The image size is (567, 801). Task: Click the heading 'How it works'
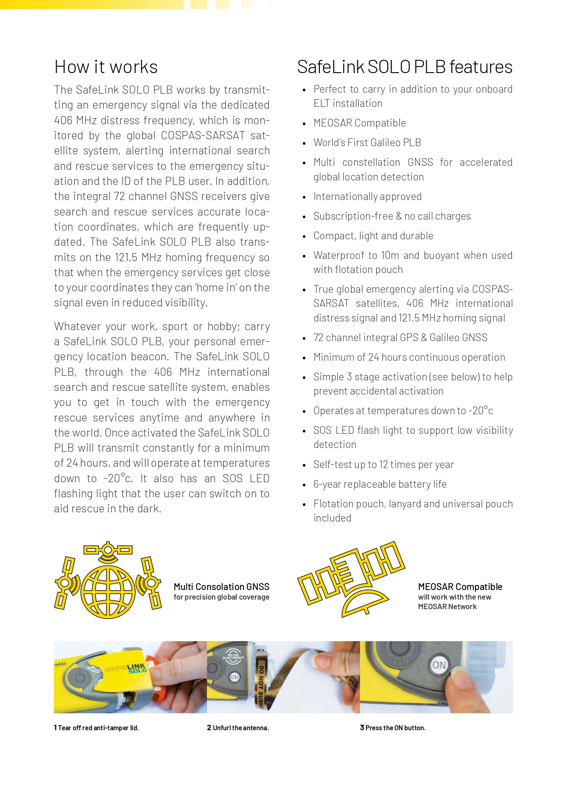coord(106,67)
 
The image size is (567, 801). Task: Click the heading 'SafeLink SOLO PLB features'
coord(404,67)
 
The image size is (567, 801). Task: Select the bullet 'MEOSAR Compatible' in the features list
coord(360,123)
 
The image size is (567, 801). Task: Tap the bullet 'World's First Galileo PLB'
coord(367,142)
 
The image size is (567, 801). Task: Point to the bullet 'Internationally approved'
coord(367,196)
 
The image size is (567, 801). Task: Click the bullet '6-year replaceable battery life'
coord(380,484)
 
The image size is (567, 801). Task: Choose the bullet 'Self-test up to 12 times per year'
coord(383,464)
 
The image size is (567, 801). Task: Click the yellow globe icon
coord(108,590)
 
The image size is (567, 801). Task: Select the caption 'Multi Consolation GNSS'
coord(222,587)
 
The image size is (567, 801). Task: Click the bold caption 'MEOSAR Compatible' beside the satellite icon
coord(460,587)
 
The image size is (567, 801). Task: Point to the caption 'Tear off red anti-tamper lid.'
coord(96,728)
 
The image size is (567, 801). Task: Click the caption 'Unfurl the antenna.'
coord(238,728)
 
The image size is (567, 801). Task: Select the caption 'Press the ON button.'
coord(393,728)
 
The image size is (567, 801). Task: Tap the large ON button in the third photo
coord(439,665)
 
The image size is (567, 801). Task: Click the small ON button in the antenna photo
coord(234,677)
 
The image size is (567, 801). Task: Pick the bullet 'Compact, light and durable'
coord(373,236)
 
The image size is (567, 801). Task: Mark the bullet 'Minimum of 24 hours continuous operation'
coord(409,357)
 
